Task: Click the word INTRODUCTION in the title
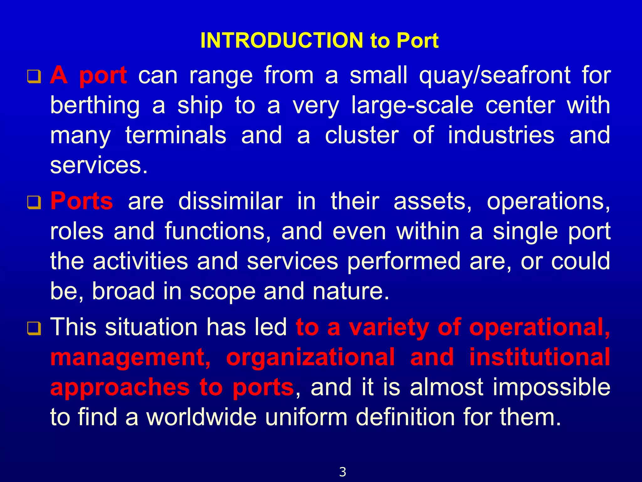(282, 40)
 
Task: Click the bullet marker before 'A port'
(34, 77)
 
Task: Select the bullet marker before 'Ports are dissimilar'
(34, 202)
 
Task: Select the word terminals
(176, 135)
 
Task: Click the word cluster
(362, 135)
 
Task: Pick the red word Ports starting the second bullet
(82, 201)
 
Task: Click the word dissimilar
(230, 201)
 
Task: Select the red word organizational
(310, 357)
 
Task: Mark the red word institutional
(539, 357)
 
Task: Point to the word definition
(405, 417)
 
